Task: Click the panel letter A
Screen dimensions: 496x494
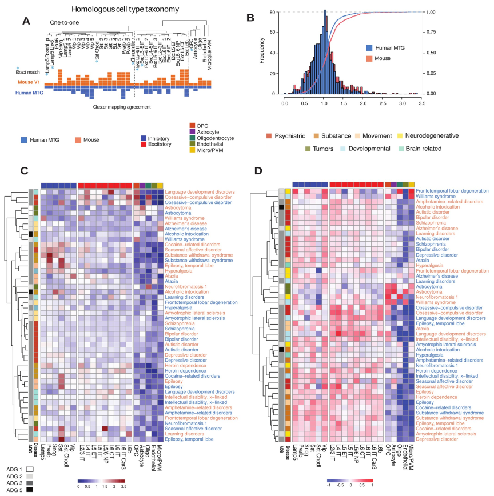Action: pyautogui.click(x=26, y=21)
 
